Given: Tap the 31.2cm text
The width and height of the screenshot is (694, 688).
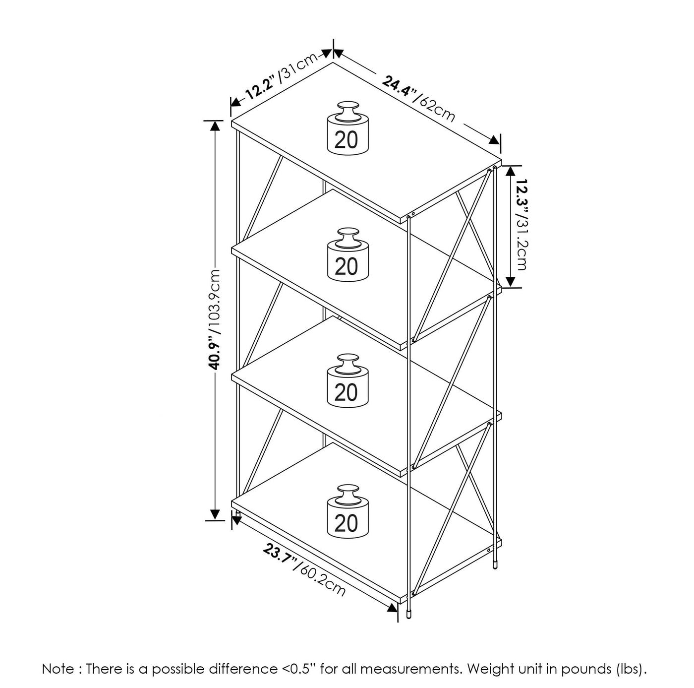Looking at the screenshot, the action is point(522,243).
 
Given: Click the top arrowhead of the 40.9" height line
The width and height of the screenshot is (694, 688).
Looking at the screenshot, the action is point(215,126).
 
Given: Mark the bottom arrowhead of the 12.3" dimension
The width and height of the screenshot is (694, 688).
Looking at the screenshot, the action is point(510,281).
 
